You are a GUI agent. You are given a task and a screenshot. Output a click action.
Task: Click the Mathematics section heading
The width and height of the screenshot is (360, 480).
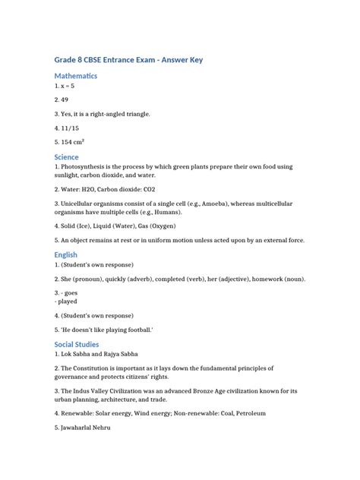coord(75,76)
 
